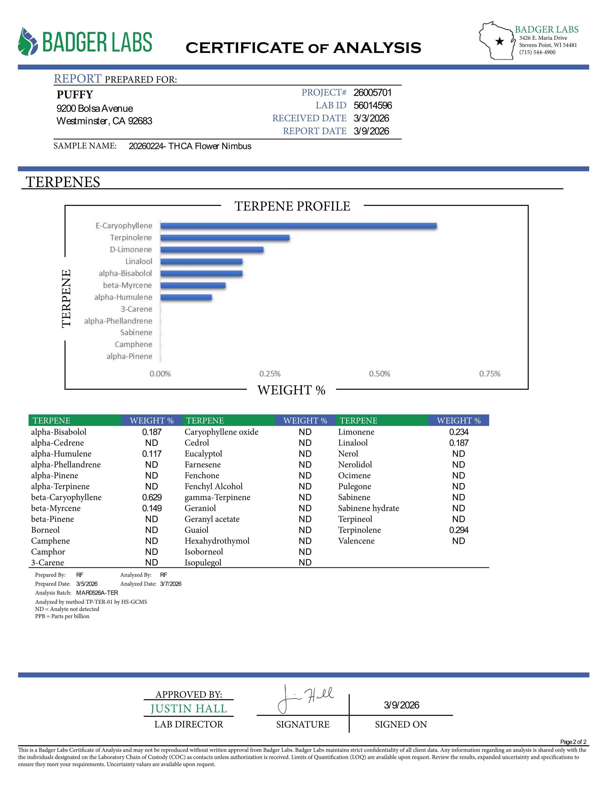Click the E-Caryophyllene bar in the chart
point(299,226)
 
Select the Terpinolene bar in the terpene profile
point(225,237)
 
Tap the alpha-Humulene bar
point(186,297)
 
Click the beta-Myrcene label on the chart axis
point(127,285)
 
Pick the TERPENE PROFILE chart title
point(292,206)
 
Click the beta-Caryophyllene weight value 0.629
point(152,497)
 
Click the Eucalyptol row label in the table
point(203,454)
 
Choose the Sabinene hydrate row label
point(368,508)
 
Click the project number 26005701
point(372,92)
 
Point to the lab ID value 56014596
point(373,106)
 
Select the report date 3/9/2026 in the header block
point(371,131)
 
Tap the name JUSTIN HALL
point(189,709)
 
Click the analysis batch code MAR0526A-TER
point(97,593)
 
